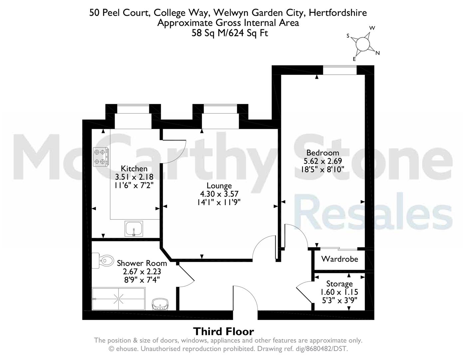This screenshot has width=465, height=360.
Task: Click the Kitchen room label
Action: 134,168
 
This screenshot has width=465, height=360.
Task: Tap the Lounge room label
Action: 219,186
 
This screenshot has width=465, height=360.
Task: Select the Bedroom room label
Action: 323,153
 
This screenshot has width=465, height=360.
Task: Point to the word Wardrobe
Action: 340,259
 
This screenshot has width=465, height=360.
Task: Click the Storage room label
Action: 340,284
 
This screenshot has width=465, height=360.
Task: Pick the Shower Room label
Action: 142,263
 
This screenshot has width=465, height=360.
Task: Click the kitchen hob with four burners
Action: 101,157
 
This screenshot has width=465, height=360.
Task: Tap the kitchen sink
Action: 134,229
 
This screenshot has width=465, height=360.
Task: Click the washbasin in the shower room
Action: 160,304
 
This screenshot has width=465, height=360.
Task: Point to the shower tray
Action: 118,299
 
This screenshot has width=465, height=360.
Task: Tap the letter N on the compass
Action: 377,53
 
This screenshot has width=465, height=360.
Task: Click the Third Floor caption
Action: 223,331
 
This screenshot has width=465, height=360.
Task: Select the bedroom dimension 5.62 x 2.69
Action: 323,161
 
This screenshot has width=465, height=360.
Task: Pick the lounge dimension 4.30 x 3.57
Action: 219,194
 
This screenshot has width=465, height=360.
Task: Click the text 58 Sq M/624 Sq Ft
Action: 230,33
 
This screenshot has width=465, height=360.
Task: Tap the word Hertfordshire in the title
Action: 338,13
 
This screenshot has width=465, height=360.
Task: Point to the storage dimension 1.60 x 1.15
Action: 339,292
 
